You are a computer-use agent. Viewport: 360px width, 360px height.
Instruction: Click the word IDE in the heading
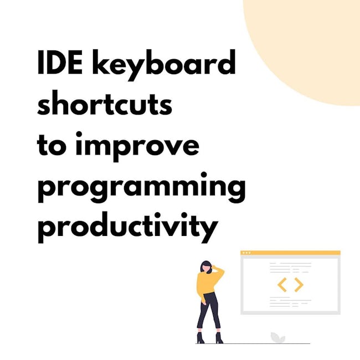pos(60,62)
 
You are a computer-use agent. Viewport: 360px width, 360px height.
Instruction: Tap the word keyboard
pos(164,65)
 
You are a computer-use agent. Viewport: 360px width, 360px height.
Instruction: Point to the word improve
pos(137,146)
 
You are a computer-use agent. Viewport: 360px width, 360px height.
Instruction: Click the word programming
pos(142,187)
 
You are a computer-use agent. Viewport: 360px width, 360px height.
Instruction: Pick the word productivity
pos(127,228)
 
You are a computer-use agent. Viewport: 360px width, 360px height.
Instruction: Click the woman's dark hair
pos(206,267)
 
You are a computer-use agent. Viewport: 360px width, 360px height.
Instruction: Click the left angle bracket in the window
pos(282,285)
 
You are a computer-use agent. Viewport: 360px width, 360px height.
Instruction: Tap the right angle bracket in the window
pos(299,285)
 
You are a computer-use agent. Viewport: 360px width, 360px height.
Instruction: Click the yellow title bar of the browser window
pos(290,253)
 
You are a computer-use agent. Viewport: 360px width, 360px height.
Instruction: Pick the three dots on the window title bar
pos(246,253)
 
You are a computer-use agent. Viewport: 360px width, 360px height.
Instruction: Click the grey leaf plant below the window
pos(277,338)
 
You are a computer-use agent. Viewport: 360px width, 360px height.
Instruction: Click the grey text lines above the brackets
pos(290,268)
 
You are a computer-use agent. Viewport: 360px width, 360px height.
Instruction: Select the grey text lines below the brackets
pos(290,302)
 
